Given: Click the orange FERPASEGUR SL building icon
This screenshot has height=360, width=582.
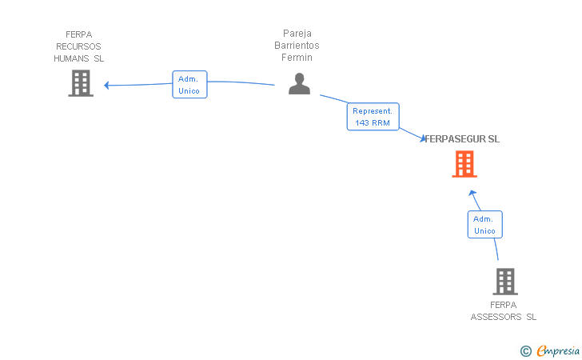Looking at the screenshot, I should pyautogui.click(x=464, y=164).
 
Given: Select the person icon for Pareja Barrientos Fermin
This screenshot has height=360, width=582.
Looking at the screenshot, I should pyautogui.click(x=299, y=84).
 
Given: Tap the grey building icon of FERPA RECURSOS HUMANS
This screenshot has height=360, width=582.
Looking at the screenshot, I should pyautogui.click(x=81, y=83).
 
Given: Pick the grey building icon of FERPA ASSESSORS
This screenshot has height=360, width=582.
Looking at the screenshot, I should pyautogui.click(x=504, y=282).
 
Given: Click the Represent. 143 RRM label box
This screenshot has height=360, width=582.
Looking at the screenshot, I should pyautogui.click(x=373, y=117).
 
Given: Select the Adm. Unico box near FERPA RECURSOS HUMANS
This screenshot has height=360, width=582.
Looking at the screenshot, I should pyautogui.click(x=189, y=85).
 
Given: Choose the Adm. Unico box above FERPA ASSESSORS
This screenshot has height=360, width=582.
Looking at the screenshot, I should pyautogui.click(x=484, y=224).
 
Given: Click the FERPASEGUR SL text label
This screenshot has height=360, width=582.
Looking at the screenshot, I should pyautogui.click(x=463, y=139).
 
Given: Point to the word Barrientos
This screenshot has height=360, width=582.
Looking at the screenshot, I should pyautogui.click(x=297, y=46).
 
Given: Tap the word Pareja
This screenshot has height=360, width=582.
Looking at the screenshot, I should pyautogui.click(x=297, y=34).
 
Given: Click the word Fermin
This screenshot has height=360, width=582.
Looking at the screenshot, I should pyautogui.click(x=297, y=58).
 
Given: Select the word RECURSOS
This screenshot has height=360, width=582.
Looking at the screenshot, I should pyautogui.click(x=78, y=46).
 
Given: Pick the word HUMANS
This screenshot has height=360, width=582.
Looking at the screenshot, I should pyautogui.click(x=71, y=58).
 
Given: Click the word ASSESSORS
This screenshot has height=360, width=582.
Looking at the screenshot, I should pyautogui.click(x=496, y=317).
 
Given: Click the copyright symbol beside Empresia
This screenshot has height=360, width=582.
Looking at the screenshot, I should pyautogui.click(x=525, y=350).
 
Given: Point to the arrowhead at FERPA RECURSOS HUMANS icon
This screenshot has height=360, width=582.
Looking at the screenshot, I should pyautogui.click(x=107, y=85).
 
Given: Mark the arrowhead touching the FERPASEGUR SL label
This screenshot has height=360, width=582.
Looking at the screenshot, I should pyautogui.click(x=423, y=139).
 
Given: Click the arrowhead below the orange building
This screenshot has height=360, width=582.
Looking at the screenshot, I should pyautogui.click(x=472, y=193).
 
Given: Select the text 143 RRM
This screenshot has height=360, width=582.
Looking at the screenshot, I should pyautogui.click(x=373, y=122).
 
